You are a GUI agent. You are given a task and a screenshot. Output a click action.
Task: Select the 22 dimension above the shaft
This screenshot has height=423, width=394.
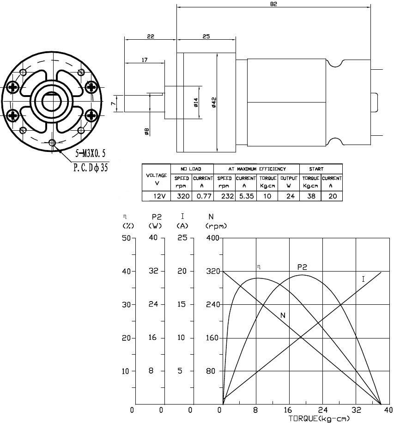pyautogui.click(x=151, y=36)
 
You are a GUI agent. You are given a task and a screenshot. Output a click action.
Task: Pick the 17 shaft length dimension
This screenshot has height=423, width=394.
pyautogui.click(x=144, y=60)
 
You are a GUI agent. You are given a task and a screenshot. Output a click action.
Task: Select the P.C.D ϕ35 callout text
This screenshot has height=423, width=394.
pyautogui.click(x=91, y=167)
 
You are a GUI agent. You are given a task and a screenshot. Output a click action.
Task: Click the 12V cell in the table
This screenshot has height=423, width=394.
pyautogui.click(x=156, y=196)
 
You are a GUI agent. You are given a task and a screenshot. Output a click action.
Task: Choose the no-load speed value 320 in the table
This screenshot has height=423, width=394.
pyautogui.click(x=181, y=196)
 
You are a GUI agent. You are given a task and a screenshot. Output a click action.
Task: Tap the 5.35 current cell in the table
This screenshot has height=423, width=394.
pyautogui.click(x=246, y=196)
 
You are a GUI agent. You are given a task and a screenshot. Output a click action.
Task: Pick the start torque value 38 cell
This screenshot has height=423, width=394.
pyautogui.click(x=310, y=196)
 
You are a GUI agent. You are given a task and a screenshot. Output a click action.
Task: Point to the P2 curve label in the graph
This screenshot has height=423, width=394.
pyautogui.click(x=302, y=267)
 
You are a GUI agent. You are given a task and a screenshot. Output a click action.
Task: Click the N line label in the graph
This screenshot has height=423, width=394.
pyautogui.click(x=282, y=315)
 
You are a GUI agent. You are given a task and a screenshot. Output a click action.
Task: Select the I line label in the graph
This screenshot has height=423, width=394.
pyautogui.click(x=363, y=279)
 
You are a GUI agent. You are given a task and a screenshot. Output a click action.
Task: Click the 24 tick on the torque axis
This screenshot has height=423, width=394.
pyautogui.click(x=322, y=410)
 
